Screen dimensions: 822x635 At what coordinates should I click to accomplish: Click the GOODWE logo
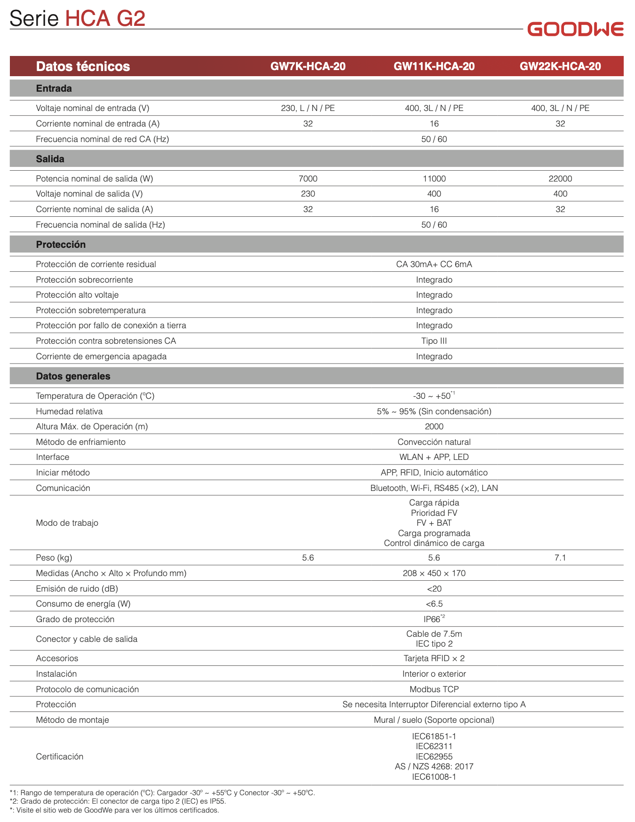[x=575, y=29]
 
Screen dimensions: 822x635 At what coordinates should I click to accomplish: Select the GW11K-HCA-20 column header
[x=434, y=66]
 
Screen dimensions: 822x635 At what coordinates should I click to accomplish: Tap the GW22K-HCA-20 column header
[x=560, y=66]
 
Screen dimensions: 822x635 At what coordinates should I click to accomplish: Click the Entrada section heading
[x=54, y=88]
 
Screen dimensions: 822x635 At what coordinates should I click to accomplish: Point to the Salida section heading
[x=50, y=159]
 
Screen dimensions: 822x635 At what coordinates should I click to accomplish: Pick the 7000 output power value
[x=308, y=179]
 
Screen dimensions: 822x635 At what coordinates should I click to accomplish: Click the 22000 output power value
[x=560, y=179]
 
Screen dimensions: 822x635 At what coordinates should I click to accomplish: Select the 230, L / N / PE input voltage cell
[x=308, y=108]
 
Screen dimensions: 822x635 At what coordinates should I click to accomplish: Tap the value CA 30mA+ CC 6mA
[x=434, y=264]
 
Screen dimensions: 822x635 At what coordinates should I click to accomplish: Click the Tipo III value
[x=434, y=341]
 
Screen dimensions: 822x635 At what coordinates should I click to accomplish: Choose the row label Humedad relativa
[x=69, y=411]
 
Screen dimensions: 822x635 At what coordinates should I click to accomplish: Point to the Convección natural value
[x=434, y=442]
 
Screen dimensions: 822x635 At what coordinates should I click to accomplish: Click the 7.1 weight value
[x=560, y=558]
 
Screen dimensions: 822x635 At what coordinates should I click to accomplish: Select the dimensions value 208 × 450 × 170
[x=434, y=573]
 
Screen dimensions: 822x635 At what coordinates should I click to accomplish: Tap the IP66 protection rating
[x=433, y=619]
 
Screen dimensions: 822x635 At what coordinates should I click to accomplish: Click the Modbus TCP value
[x=434, y=689]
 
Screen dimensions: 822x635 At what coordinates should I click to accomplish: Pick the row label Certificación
[x=59, y=757]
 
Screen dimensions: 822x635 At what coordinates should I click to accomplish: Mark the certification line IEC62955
[x=434, y=757]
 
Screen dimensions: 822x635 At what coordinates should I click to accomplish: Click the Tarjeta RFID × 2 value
[x=434, y=658]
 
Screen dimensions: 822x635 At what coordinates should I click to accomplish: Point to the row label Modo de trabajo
[x=67, y=523]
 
